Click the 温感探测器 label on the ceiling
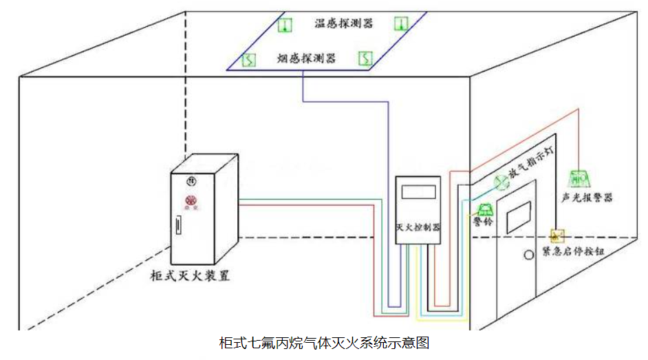[x=344, y=24]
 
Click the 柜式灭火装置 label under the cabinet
[x=190, y=277]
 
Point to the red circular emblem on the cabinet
[x=191, y=200]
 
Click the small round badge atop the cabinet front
[x=191, y=180]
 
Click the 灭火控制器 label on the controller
[x=419, y=226]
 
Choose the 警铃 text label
[x=484, y=222]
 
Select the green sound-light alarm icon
[x=577, y=178]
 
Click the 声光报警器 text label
[x=586, y=198]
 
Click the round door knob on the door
[x=528, y=255]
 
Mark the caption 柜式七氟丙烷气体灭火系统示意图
[x=324, y=343]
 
